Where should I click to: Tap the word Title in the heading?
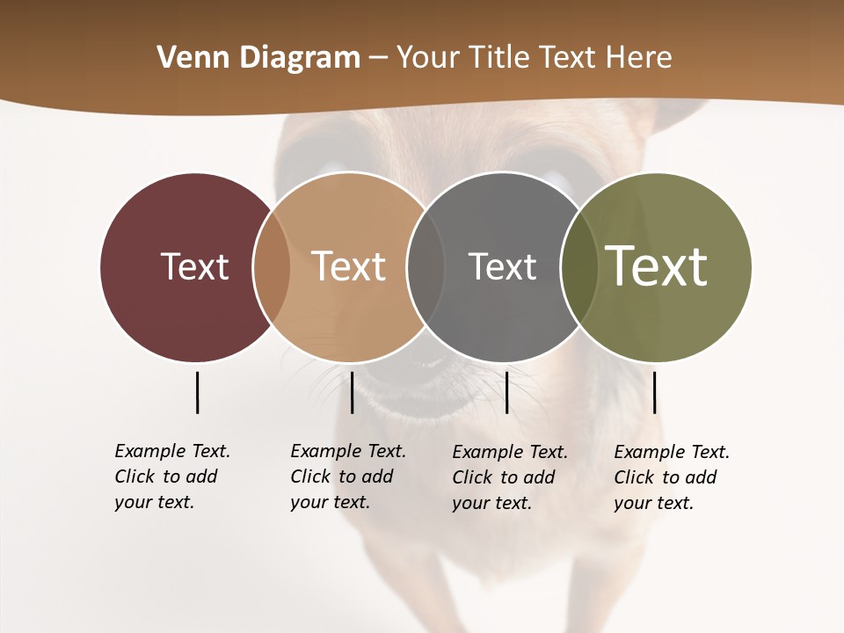[x=496, y=57]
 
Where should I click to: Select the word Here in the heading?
[x=640, y=57]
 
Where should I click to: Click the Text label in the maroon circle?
[x=194, y=266]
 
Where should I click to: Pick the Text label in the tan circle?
[x=348, y=266]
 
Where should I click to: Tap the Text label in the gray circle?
[x=502, y=266]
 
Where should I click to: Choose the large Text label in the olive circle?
[x=656, y=266]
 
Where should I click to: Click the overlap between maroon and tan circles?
[x=272, y=266]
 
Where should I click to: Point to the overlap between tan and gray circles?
[x=426, y=266]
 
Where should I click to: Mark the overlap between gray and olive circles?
[x=579, y=266]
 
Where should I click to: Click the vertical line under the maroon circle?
[x=197, y=392]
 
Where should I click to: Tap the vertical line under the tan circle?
[x=352, y=392]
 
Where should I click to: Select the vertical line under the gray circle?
[x=506, y=392]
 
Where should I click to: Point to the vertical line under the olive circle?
[x=654, y=392]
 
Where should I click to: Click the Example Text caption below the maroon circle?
[x=171, y=477]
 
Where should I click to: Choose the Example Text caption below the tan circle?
[x=347, y=477]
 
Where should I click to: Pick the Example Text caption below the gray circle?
[x=509, y=477]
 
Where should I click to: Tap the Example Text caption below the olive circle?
[x=671, y=477]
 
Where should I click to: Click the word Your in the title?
[x=427, y=57]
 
